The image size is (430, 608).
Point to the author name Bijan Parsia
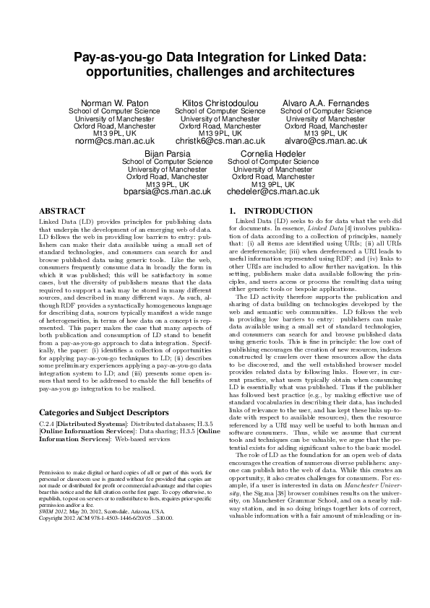click(167, 154)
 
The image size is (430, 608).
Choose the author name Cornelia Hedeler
click(273, 154)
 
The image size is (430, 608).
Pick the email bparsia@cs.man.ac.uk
click(167, 192)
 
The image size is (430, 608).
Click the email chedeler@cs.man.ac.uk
click(273, 192)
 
